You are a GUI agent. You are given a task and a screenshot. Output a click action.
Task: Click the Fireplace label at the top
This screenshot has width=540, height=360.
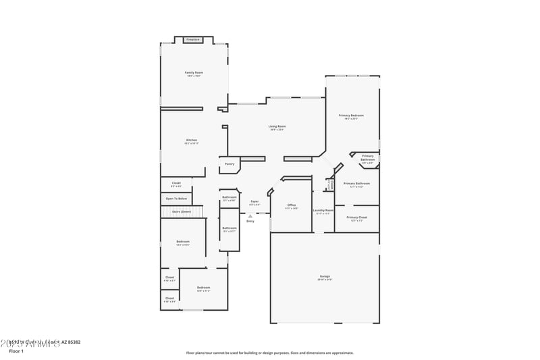192,40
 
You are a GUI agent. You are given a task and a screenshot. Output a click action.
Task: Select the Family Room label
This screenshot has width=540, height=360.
194,72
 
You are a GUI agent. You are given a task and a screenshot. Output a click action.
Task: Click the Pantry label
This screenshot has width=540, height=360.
230,163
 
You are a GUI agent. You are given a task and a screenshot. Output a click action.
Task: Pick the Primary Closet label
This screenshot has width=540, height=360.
357,217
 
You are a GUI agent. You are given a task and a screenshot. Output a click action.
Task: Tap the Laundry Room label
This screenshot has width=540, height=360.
323,210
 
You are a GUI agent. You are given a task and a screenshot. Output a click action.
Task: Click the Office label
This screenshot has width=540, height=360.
292,205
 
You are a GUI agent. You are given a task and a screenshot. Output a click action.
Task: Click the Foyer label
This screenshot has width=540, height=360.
254,201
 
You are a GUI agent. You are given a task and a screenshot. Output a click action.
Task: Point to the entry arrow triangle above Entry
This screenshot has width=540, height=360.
250,216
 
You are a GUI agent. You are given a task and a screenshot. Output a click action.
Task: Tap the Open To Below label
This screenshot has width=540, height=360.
176,199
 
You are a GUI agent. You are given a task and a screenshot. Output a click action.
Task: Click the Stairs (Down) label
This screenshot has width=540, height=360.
181,211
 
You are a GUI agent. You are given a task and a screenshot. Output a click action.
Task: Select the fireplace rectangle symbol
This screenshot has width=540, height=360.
193,40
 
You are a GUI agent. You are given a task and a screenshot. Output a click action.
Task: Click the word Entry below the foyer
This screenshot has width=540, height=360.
250,221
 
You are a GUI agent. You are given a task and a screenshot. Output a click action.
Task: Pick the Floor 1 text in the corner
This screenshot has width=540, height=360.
16,351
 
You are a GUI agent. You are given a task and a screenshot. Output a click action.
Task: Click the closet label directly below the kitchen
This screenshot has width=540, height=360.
176,182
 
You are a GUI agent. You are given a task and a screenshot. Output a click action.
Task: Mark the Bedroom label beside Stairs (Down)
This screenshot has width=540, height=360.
183,241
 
